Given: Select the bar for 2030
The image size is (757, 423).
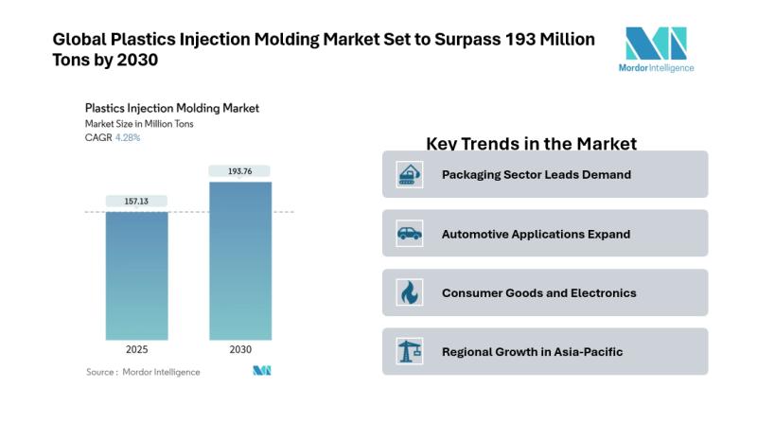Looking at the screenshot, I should [x=240, y=260].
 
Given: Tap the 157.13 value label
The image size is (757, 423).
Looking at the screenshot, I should [x=136, y=201].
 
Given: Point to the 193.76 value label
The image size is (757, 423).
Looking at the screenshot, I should [x=240, y=171].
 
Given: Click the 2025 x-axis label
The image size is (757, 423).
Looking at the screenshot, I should [x=136, y=350].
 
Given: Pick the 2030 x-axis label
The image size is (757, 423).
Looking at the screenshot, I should [x=240, y=350].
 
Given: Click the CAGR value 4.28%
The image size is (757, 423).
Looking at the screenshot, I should [x=128, y=138].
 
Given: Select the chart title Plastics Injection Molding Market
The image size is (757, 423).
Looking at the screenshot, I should [x=171, y=109].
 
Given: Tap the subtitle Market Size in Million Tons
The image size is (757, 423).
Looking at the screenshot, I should [x=139, y=124].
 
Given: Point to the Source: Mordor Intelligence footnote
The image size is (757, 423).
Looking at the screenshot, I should [x=143, y=372].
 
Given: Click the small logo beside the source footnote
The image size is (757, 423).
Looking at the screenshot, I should [x=261, y=371].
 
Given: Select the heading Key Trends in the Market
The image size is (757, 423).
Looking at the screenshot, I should [x=531, y=144].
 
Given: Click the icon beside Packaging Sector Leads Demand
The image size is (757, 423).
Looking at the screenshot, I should [x=410, y=174].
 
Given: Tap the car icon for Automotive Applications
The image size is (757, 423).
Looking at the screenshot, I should [x=410, y=234].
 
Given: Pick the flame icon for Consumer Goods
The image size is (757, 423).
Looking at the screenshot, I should [x=410, y=292].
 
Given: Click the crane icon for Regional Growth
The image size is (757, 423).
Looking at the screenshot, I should [x=410, y=352].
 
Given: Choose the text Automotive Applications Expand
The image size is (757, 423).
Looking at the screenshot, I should [x=536, y=234].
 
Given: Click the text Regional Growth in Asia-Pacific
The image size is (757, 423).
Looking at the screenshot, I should [x=532, y=352].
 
